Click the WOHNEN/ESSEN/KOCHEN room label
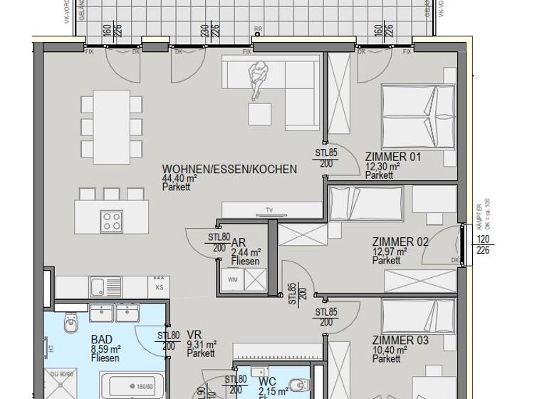click(229, 170)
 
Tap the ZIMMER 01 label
click(393, 157)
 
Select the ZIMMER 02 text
click(400, 242)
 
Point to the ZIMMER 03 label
click(400, 341)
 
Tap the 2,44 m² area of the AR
click(246, 252)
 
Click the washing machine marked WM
click(233, 280)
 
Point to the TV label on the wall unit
click(269, 209)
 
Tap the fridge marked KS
click(158, 286)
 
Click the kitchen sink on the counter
click(99, 286)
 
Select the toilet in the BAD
click(71, 325)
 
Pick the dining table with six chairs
click(110, 126)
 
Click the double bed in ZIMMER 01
click(417, 114)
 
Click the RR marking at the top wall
click(257, 31)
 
